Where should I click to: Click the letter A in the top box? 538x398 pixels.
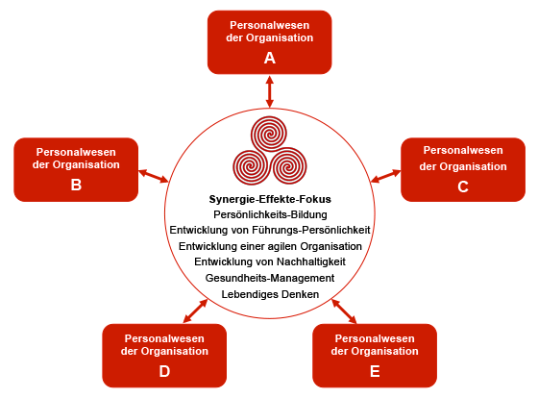tap(270, 58)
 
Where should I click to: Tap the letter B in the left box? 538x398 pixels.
tap(76, 185)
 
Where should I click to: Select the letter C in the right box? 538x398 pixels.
tap(463, 187)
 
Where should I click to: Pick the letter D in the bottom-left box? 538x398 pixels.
tap(164, 371)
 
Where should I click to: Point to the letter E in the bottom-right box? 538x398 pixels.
tap(375, 371)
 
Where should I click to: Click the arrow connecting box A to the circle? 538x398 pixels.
tap(270, 91)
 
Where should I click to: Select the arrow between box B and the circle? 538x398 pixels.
tap(154, 176)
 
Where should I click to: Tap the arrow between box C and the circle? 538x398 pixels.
tap(385, 176)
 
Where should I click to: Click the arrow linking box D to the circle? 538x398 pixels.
tap(195, 311)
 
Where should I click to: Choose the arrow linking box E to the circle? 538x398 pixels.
tap(344, 311)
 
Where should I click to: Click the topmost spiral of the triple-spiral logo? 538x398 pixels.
tap(269, 134)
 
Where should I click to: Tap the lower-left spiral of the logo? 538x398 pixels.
tap(251, 166)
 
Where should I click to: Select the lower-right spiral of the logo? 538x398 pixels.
tap(288, 166)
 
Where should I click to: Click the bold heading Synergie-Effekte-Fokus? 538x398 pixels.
tap(270, 199)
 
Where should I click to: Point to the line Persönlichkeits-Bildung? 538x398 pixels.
tap(270, 214)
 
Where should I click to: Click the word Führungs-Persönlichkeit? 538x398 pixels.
tap(311, 230)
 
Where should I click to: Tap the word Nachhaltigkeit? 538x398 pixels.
tap(311, 261)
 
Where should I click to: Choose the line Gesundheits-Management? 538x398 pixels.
tap(270, 278)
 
